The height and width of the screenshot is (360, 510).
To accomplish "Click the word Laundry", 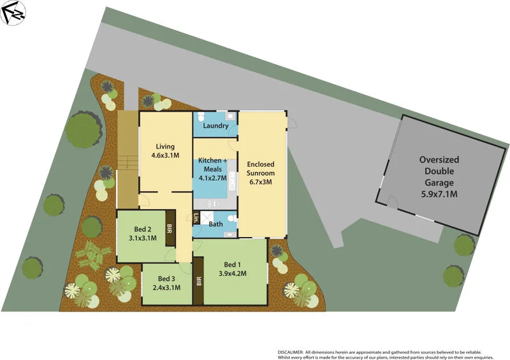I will [215, 126].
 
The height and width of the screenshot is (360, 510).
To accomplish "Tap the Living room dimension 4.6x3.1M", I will [165, 155].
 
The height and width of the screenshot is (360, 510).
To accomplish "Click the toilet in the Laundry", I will [201, 117].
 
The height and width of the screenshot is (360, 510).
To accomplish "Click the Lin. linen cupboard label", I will [196, 217].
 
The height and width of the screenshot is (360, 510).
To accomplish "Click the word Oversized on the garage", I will [439, 160].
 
